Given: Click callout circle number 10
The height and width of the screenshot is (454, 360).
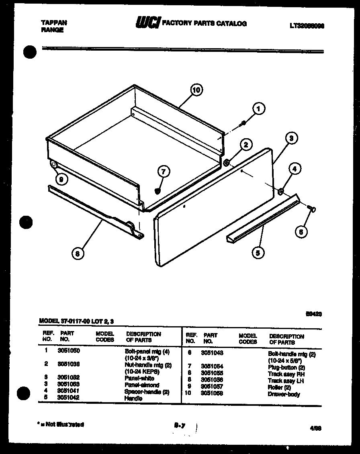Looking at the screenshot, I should (x=196, y=90).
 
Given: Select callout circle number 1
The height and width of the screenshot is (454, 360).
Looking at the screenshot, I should (x=259, y=108).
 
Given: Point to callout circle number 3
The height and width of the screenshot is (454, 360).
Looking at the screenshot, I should (x=302, y=138).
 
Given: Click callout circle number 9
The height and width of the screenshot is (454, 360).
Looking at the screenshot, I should (x=60, y=180).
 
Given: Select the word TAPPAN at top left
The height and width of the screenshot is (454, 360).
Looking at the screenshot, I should (x=54, y=23).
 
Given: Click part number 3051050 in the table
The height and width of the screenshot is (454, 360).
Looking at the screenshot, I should (x=69, y=350).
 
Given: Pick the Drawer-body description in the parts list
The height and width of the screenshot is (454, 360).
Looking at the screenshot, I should (x=284, y=394).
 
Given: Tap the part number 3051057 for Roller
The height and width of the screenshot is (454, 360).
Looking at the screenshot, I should (x=212, y=387).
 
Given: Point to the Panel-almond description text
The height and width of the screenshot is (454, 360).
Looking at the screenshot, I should (x=142, y=385).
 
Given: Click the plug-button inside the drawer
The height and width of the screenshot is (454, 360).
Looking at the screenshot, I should (x=158, y=190).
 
